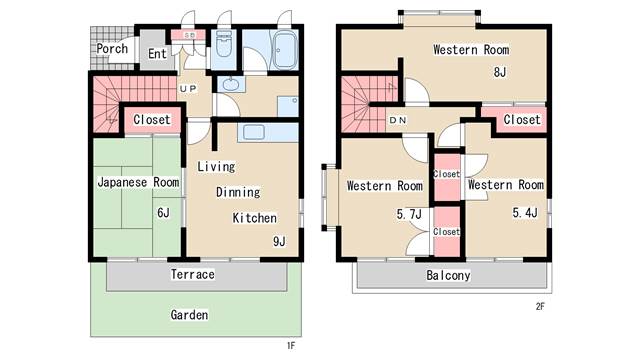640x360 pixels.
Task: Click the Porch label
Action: point(112,49)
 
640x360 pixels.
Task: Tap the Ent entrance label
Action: point(157,53)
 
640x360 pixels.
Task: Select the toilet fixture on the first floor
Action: point(223,44)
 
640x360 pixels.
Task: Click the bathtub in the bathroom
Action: point(284,50)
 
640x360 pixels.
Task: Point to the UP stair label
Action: point(188,88)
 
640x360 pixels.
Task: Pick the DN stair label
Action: point(398,120)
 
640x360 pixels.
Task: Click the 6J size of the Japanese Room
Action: point(163,213)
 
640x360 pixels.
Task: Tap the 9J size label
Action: point(279,241)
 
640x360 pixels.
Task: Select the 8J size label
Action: point(500,72)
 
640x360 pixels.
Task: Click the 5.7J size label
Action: point(409,214)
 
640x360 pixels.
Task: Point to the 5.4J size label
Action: point(525,213)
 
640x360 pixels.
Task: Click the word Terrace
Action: point(193,274)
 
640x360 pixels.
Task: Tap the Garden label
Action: point(189,315)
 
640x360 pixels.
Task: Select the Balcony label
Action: point(448,276)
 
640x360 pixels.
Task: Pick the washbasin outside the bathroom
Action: point(231,84)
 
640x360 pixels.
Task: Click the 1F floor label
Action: point(291,346)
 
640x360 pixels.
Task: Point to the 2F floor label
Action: point(540,306)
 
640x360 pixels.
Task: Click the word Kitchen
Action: point(255,218)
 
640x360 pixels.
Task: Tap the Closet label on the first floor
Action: point(151,120)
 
